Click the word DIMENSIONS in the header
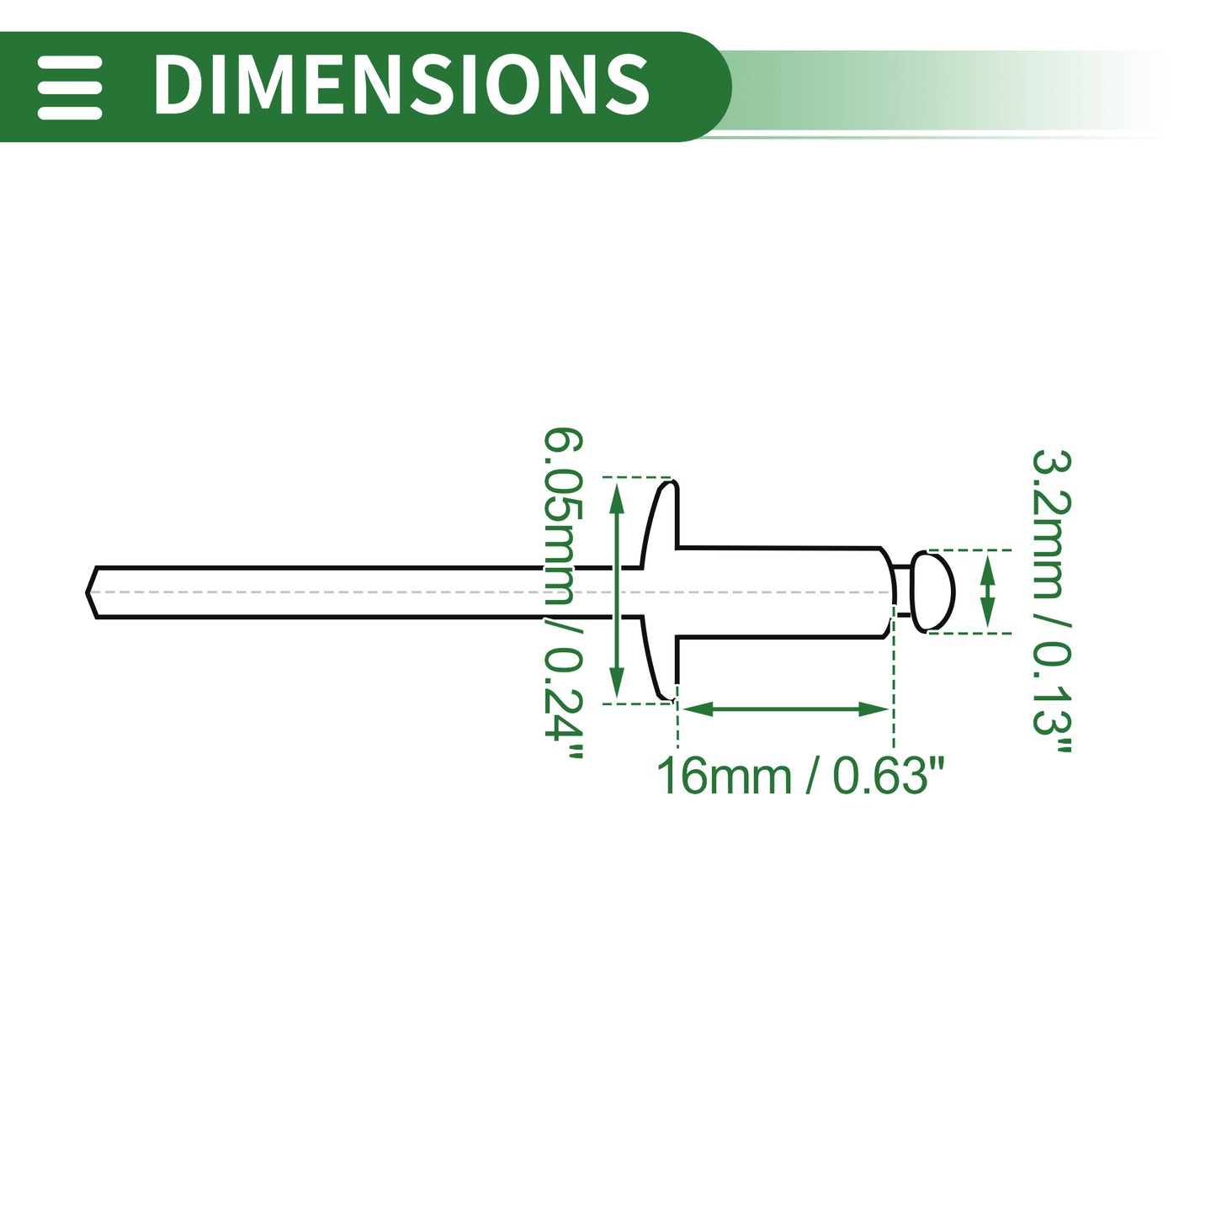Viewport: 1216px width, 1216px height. coord(401,84)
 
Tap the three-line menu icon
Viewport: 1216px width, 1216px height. coord(69,87)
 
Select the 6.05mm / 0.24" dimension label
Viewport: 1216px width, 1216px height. coord(564,592)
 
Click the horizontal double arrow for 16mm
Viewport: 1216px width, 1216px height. coord(785,709)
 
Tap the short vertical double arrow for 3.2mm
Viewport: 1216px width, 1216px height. coord(988,592)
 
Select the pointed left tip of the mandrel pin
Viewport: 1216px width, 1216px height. coord(88,592)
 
